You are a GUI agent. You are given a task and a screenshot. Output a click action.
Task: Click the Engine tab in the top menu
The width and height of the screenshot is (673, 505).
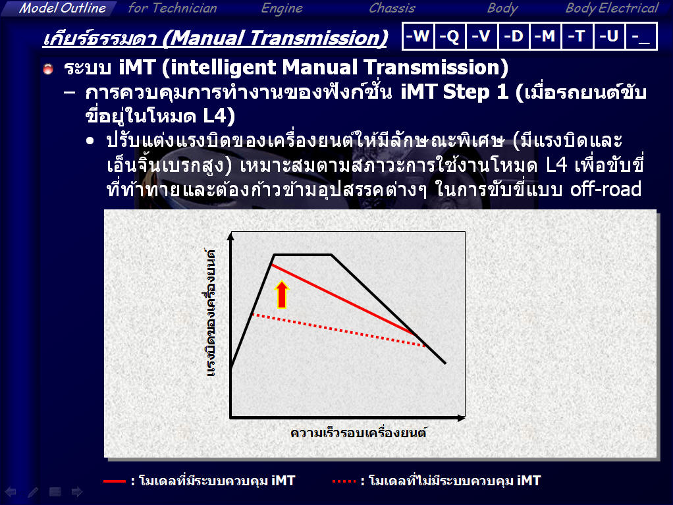pos(282,8)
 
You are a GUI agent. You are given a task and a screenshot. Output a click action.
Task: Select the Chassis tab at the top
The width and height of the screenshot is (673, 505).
pos(392,8)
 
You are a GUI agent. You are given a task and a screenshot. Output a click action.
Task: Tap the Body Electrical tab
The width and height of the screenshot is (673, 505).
pos(612,8)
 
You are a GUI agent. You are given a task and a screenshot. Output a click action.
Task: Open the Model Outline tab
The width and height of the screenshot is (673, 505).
pos(63,8)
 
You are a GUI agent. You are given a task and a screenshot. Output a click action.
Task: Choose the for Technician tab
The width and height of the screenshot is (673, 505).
pos(173,8)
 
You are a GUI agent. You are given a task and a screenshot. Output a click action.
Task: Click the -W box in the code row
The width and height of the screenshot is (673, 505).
pos(418,36)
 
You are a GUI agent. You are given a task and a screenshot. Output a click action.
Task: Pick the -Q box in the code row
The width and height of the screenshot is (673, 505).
pos(450,36)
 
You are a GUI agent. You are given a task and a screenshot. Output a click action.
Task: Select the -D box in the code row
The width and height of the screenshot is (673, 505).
pos(514,36)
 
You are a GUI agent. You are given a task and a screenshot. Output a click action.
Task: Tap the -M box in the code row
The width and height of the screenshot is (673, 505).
pos(545,36)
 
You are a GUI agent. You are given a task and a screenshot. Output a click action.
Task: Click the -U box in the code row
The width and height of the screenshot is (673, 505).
pos(610,36)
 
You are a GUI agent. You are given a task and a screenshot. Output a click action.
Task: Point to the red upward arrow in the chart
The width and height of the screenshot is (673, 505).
pos(282,294)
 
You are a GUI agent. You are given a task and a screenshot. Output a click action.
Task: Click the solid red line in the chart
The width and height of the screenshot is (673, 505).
pos(344,300)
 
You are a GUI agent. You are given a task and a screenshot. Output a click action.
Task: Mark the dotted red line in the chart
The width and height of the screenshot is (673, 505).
pos(338,330)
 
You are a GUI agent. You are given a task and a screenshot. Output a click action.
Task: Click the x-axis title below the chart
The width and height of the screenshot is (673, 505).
pos(358,433)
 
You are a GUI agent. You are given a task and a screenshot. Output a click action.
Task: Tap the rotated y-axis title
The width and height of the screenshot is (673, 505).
pos(210,313)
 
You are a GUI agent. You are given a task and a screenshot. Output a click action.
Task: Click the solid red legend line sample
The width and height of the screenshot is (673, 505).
pos(114,481)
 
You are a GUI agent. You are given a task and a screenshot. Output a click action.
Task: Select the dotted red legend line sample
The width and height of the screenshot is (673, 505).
pos(344,481)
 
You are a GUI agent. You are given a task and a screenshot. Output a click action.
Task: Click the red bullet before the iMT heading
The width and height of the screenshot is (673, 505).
pos(48,68)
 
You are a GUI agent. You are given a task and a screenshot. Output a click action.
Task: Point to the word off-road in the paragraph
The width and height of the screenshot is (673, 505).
pos(606,189)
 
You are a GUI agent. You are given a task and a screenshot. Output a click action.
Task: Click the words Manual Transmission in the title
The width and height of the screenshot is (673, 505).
pos(275,38)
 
